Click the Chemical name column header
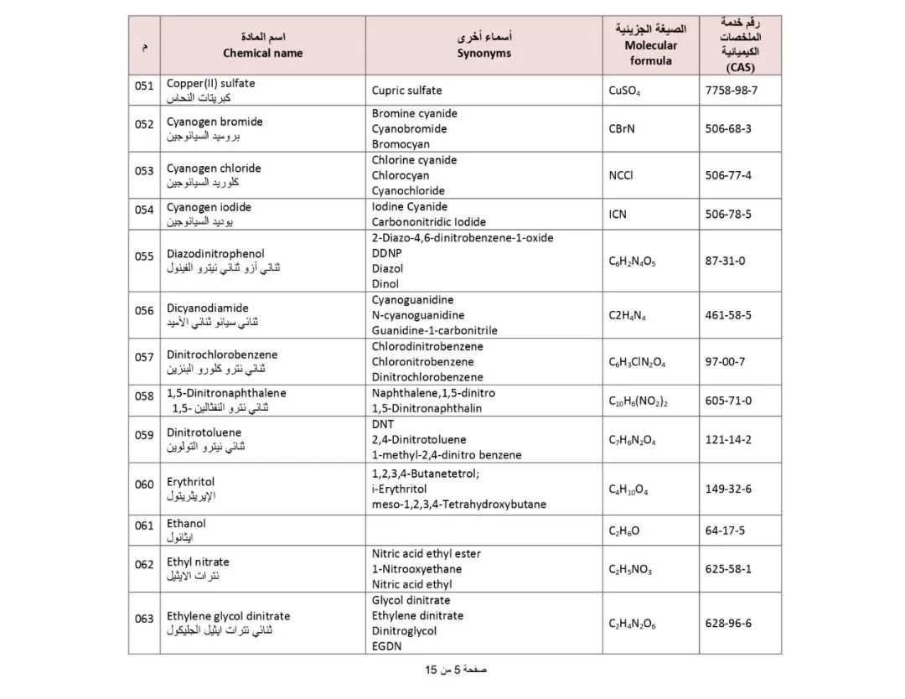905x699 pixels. coord(262,53)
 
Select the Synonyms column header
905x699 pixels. coord(484,53)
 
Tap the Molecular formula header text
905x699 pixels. coord(650,53)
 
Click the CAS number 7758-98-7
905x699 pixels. coord(731,91)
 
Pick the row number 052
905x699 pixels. coord(144,125)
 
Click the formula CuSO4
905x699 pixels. coord(624,91)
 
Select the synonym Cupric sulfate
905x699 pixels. coord(406,91)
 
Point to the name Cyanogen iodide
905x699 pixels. coord(209,207)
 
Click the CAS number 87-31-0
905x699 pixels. coord(725,261)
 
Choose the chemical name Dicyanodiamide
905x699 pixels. coord(207,308)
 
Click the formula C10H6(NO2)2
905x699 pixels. coord(638,401)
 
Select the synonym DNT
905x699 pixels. coord(382,424)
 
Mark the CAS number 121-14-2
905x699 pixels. coord(728,440)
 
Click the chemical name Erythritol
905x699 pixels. coord(190,482)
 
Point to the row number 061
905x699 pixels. coord(144,526)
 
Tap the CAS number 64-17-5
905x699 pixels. coord(725,531)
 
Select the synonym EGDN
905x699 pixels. coord(386,646)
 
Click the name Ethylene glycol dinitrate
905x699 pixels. coord(228,616)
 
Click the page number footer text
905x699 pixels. coord(456,670)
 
